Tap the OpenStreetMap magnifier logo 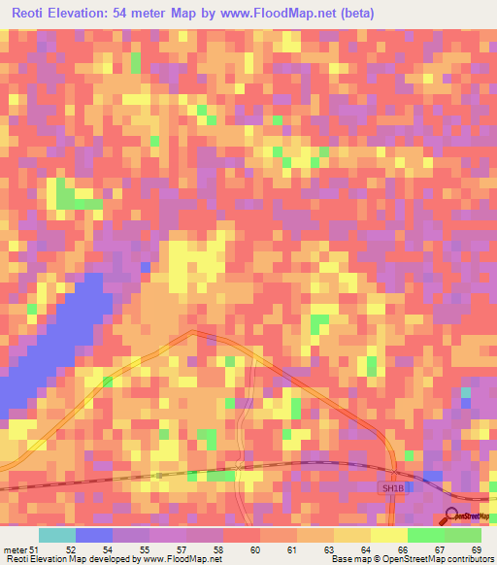tap(454, 516)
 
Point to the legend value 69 tap(477, 550)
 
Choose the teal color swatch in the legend tap(57, 535)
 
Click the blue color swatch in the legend tap(94, 535)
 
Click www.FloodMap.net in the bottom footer tap(183, 559)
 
